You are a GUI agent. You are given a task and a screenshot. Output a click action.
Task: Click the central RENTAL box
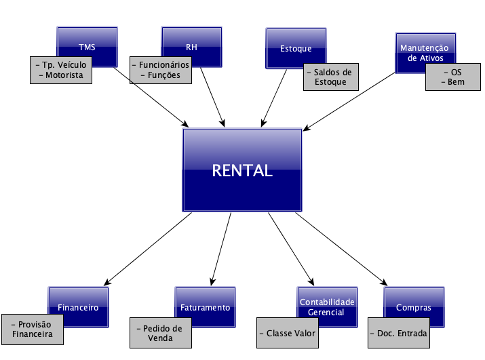tap(242, 170)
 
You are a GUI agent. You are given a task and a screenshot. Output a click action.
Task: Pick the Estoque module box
tap(295, 44)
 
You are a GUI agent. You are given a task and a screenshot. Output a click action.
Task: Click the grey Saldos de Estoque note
tap(330, 77)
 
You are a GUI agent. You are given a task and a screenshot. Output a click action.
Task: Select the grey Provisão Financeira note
tap(33, 329)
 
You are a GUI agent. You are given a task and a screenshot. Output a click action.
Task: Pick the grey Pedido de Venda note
tap(159, 333)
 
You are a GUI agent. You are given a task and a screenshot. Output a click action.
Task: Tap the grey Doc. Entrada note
tap(397, 334)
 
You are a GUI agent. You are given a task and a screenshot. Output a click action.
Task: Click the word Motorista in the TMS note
tap(64, 75)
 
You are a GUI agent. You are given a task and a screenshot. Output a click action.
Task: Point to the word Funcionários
tap(164, 64)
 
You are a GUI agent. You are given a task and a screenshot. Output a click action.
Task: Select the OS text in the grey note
tap(455, 71)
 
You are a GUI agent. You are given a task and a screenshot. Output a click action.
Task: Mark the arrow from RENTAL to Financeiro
tap(149, 248)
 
